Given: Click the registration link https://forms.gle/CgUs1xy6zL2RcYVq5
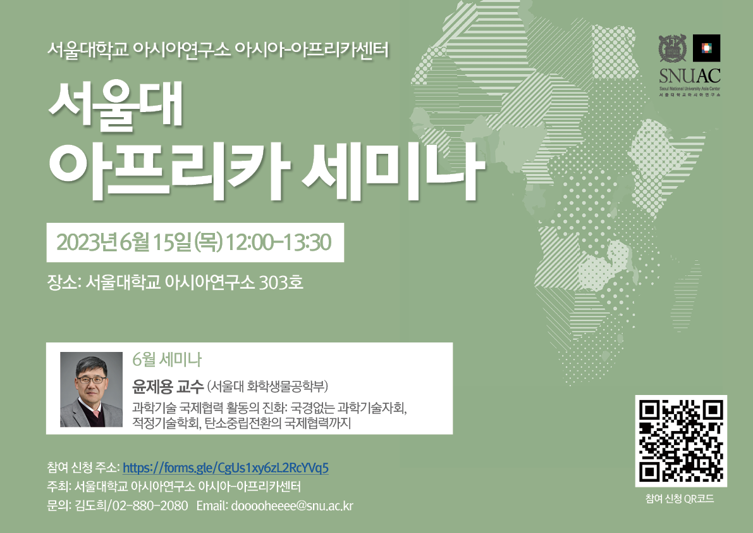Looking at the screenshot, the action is coord(226,468).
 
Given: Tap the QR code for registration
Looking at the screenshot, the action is coord(681,441).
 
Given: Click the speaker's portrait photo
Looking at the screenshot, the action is coord(91,389).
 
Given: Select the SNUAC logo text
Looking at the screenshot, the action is coord(690,75).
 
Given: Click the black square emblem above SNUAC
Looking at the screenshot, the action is coord(706,48).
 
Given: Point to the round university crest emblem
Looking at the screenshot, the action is coord(672,48).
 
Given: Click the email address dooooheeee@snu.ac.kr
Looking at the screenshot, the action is coord(292,506).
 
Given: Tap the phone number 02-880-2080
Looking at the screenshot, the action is coord(150,506).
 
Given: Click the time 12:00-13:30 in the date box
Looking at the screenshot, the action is coord(278,242).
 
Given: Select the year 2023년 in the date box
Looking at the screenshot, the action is coord(87,242).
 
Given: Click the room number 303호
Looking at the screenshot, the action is coord(281,282).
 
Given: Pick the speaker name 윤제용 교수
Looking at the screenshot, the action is coord(168,386).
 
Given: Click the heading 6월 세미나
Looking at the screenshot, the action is coord(167,360).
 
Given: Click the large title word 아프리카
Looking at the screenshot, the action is coord(169,171).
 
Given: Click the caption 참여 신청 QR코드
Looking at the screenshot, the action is coord(680,499).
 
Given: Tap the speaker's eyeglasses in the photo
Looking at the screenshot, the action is coord(91,380).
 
